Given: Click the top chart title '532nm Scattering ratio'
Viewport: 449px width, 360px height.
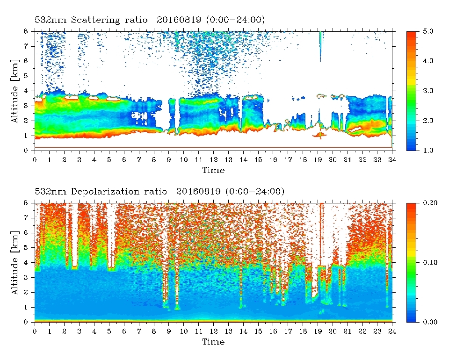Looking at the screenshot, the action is coord(91,20).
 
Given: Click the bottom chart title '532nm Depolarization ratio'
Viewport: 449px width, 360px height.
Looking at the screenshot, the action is coord(101,191).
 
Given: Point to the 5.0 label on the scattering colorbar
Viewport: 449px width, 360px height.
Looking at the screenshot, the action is coord(428,31).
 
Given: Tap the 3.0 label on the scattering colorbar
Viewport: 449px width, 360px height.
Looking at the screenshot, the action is coord(428,91).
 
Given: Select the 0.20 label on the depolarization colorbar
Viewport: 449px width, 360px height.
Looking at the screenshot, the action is coord(430,203).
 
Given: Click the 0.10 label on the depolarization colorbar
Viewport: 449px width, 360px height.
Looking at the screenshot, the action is coord(430,262).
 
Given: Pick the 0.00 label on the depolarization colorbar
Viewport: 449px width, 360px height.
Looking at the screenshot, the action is coord(430,322).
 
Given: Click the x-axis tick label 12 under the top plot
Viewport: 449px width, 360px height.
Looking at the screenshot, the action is coord(213,160).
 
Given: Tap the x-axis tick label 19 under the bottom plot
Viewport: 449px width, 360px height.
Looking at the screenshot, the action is coord(318,331).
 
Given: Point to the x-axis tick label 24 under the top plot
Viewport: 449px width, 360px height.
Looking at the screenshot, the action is coord(392,160).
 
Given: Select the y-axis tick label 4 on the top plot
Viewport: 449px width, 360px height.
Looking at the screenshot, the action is coord(26,91).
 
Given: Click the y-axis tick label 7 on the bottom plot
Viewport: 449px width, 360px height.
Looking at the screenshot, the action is coord(26,218).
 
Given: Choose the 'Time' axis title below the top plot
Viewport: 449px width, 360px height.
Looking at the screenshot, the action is coord(213,170).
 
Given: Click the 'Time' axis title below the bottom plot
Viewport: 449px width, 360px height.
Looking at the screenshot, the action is coord(213,342).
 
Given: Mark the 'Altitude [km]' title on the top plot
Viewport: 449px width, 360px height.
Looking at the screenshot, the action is coord(15,91).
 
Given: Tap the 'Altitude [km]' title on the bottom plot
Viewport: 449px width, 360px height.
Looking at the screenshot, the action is coord(15,263).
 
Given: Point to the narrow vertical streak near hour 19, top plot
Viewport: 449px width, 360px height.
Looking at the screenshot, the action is coord(321,46).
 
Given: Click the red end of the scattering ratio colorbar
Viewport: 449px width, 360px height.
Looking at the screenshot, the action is coord(411,34).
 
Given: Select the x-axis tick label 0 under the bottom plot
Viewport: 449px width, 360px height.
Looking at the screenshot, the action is coord(35,331).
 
